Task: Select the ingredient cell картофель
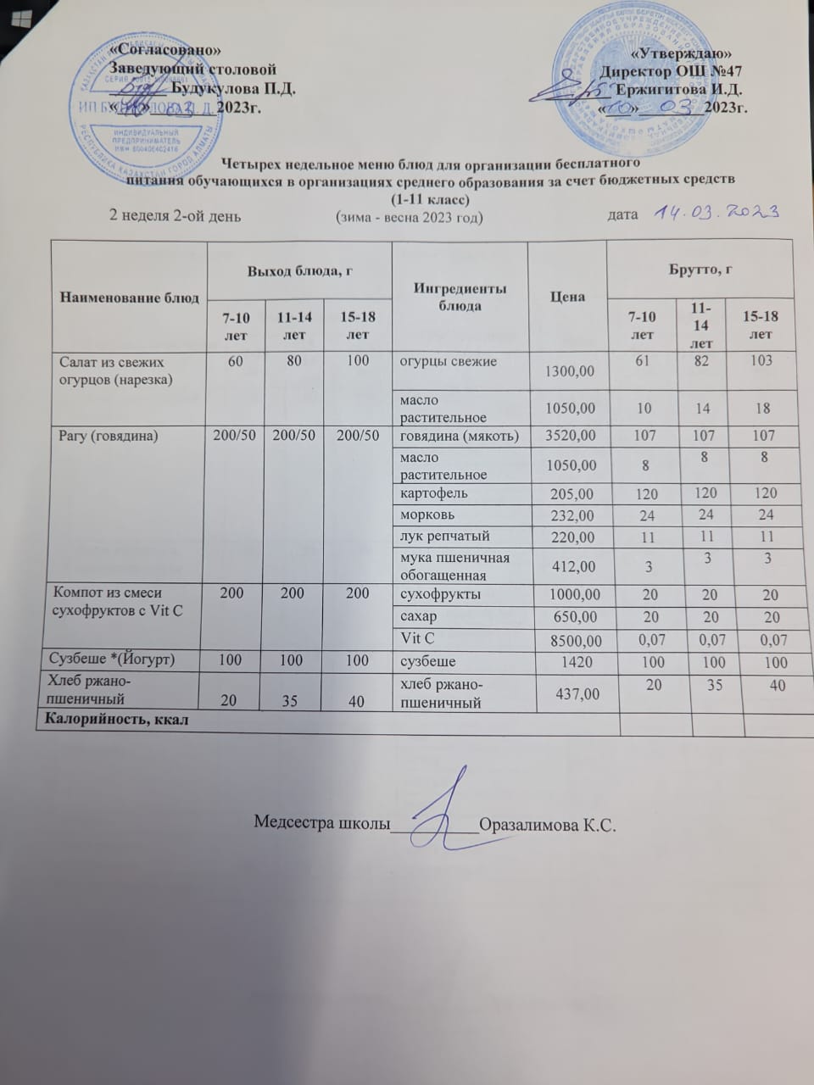point(433,492)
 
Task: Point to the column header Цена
point(567,298)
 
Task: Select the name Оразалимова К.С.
point(546,825)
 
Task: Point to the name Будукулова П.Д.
point(234,87)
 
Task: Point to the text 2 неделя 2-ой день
point(176,215)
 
